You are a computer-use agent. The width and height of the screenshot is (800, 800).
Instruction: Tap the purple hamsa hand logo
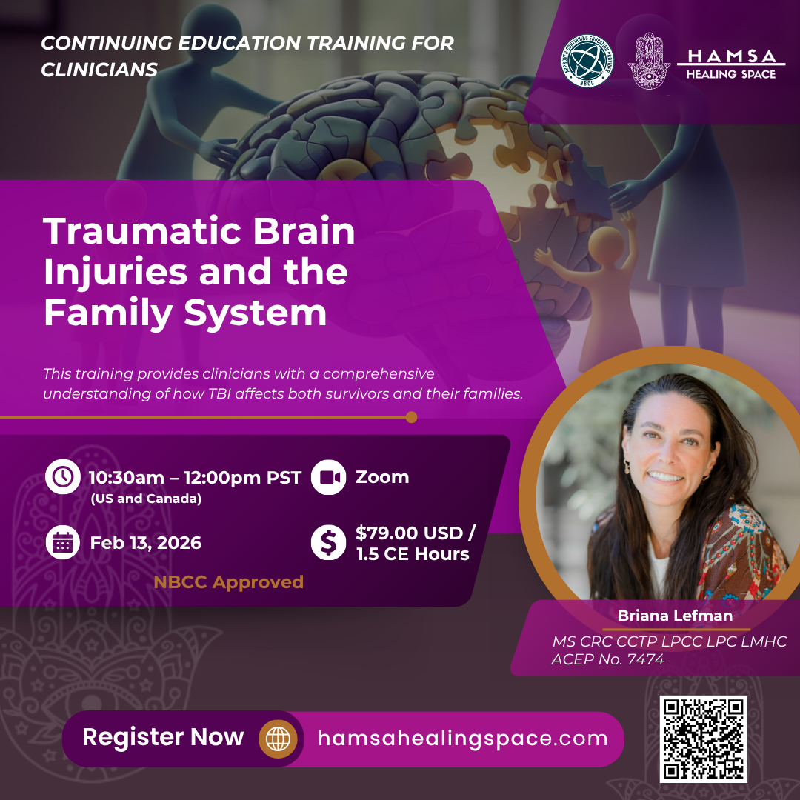pyautogui.click(x=648, y=61)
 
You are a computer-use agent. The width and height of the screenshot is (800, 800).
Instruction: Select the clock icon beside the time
pyautogui.click(x=63, y=476)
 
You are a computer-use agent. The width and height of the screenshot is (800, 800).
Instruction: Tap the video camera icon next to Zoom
pyautogui.click(x=329, y=477)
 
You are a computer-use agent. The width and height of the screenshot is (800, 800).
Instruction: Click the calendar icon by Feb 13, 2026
pyautogui.click(x=63, y=542)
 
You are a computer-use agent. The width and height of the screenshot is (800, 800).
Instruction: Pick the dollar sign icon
pyautogui.click(x=329, y=542)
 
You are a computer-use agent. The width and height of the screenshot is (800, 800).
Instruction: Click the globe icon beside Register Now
pyautogui.click(x=278, y=739)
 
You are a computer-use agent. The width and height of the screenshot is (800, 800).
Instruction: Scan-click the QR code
pyautogui.click(x=703, y=739)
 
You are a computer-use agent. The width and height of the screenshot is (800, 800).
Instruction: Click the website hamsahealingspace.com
pyautogui.click(x=463, y=739)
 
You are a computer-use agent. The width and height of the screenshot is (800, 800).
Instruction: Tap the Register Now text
pyautogui.click(x=163, y=737)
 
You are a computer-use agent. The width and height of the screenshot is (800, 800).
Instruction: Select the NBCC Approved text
pyautogui.click(x=229, y=582)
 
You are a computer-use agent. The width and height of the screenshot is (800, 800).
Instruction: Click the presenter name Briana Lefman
pyautogui.click(x=675, y=616)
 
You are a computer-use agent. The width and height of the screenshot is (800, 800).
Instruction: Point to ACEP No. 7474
pyautogui.click(x=607, y=659)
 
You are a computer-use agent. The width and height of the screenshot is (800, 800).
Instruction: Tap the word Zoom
pyautogui.click(x=382, y=477)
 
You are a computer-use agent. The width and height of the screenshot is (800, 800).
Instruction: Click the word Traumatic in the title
pyautogui.click(x=142, y=231)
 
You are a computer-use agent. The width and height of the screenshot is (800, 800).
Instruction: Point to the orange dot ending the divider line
pyautogui.click(x=411, y=417)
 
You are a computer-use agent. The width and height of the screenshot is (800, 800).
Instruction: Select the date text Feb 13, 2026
pyautogui.click(x=146, y=543)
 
